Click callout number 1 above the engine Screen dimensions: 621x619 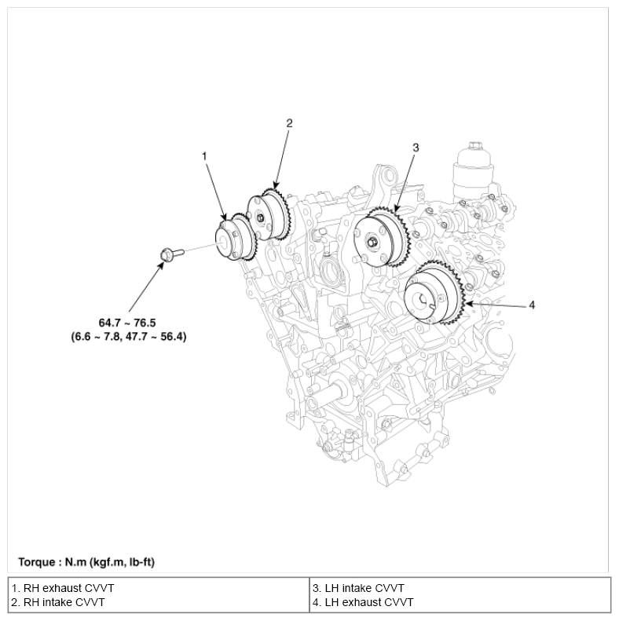[x=204, y=156]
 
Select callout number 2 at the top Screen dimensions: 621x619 [x=289, y=122]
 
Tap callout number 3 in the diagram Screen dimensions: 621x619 [x=416, y=147]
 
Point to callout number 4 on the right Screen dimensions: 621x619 [x=532, y=305]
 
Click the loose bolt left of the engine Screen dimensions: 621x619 [x=169, y=254]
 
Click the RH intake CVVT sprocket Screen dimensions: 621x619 [x=268, y=213]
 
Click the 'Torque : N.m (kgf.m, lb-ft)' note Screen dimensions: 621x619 [x=90, y=562]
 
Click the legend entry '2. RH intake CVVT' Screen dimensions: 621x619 [x=60, y=602]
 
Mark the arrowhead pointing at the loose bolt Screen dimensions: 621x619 [x=162, y=262]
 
